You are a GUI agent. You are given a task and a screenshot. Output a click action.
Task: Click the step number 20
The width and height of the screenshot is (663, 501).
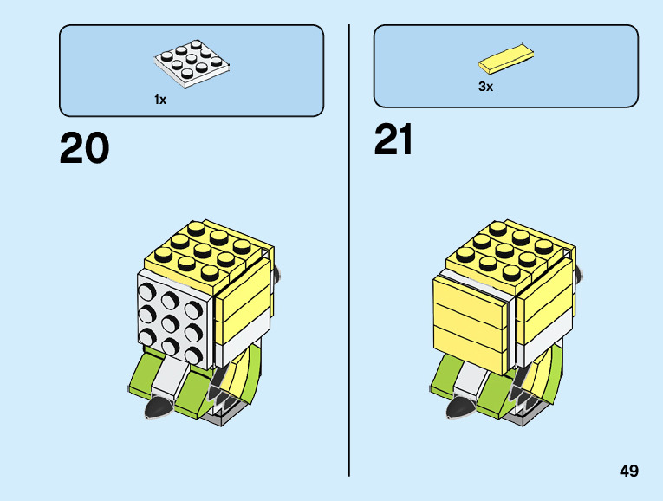click(85, 148)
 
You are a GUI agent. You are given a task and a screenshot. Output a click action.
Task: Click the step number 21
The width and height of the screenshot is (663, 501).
click(393, 140)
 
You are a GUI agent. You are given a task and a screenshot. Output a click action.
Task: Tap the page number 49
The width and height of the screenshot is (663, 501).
click(629, 471)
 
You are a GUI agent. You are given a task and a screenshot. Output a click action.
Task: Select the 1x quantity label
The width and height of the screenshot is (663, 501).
click(160, 100)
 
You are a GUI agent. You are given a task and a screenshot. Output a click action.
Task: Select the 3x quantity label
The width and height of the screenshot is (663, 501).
click(485, 87)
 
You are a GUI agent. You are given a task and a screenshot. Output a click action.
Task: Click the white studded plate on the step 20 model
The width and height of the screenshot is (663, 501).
click(173, 316)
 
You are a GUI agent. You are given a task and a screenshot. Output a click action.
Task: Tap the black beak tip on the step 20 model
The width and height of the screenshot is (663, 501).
click(159, 407)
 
